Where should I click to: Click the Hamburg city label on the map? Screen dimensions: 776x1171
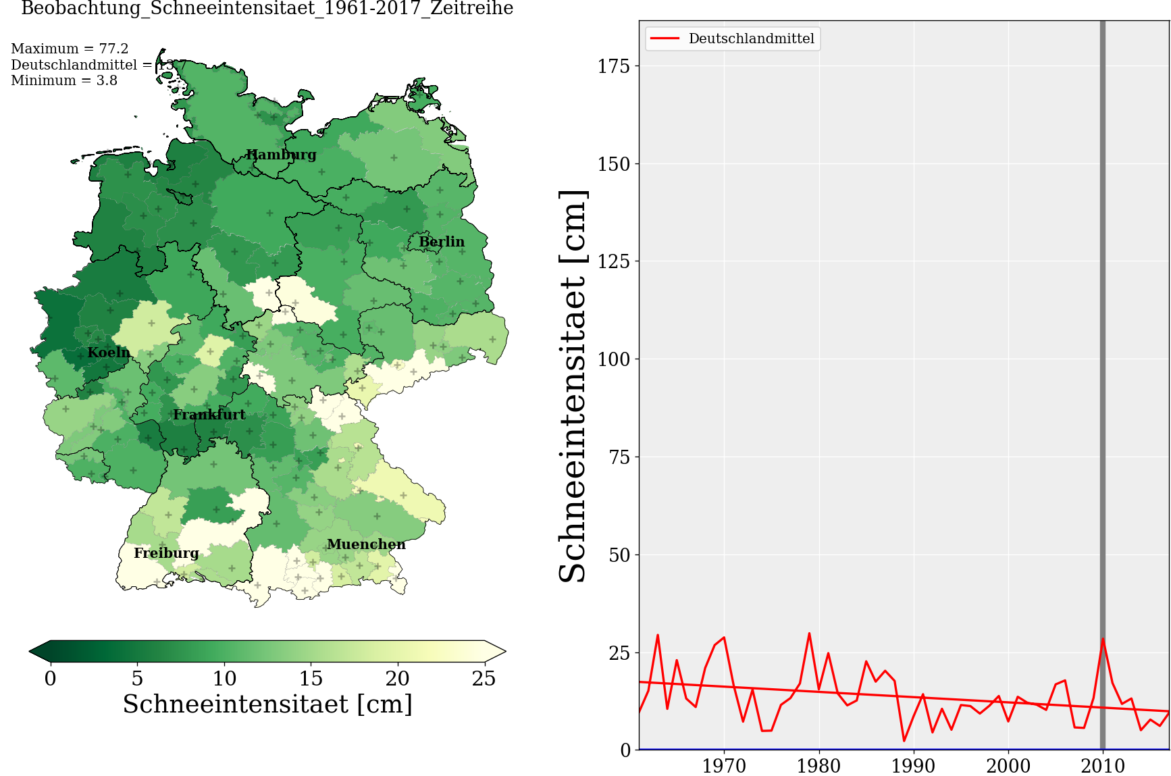click(x=281, y=155)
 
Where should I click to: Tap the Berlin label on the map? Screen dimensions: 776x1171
click(x=442, y=242)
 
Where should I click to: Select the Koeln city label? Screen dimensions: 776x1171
click(x=109, y=353)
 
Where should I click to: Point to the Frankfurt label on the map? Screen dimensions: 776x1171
click(x=209, y=415)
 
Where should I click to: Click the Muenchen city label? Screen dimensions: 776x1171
click(x=366, y=544)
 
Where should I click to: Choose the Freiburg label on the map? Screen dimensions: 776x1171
click(x=166, y=553)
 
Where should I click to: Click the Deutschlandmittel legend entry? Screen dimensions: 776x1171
click(x=751, y=38)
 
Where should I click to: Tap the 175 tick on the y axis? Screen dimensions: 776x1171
click(x=613, y=66)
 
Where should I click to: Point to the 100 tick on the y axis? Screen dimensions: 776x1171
click(x=613, y=359)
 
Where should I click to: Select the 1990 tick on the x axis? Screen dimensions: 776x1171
click(x=913, y=766)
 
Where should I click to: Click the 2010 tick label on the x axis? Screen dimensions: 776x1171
click(x=1102, y=766)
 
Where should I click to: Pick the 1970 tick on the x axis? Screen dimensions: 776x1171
click(x=724, y=766)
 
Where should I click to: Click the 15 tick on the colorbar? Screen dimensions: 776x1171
click(x=311, y=678)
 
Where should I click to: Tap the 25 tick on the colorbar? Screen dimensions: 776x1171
click(x=484, y=678)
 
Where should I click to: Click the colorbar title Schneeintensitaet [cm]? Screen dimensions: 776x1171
click(x=267, y=704)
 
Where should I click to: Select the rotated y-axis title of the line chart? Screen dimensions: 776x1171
click(x=573, y=386)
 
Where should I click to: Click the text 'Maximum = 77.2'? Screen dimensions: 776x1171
click(x=70, y=49)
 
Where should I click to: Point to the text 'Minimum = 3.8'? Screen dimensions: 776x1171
click(x=64, y=80)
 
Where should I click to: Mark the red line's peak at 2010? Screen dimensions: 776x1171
click(x=1103, y=638)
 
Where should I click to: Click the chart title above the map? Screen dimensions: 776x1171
click(x=267, y=9)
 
